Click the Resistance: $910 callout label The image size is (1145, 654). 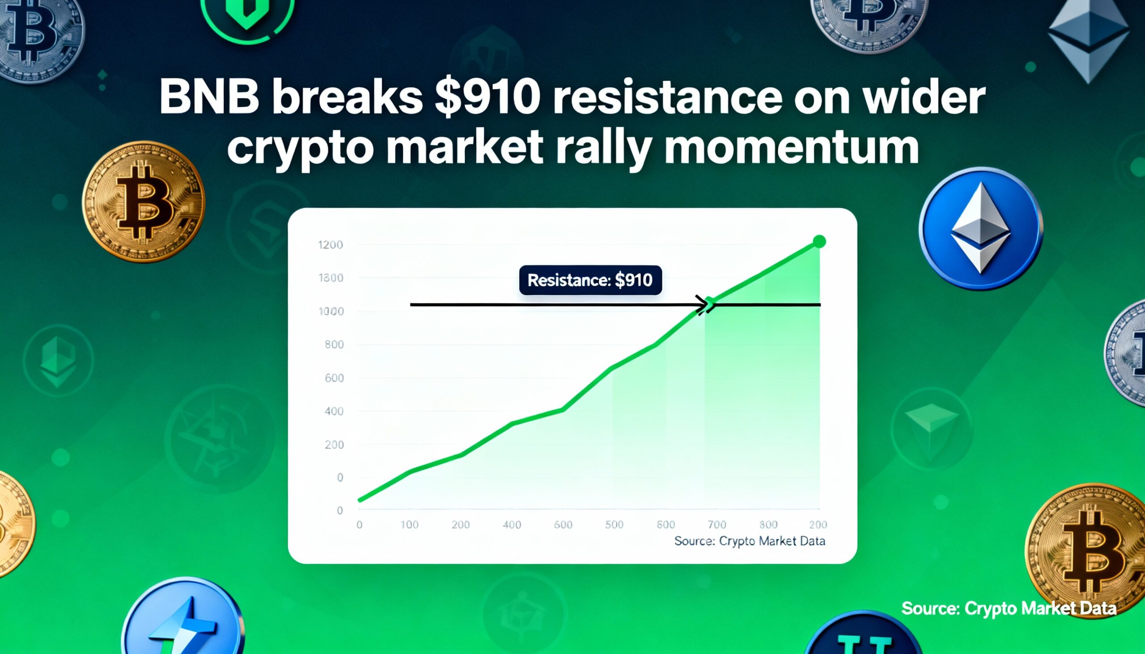[x=590, y=280]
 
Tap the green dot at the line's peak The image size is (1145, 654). [x=819, y=242]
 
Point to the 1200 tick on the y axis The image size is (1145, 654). [x=330, y=245]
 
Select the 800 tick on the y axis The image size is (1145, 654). [x=334, y=345]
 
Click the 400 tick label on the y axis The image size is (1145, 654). [x=334, y=411]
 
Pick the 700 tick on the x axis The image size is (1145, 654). [x=717, y=525]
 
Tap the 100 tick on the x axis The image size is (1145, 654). [x=409, y=525]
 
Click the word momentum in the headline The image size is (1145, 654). [x=791, y=148]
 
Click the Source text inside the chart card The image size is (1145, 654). [x=750, y=541]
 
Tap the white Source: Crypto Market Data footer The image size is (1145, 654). [x=1009, y=608]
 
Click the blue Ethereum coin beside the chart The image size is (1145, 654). [x=980, y=228]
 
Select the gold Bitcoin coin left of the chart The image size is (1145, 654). [x=144, y=202]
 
